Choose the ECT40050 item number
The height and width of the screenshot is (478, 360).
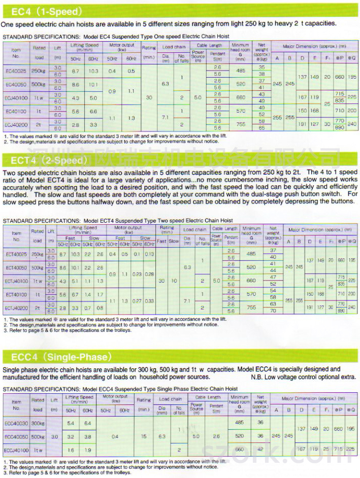click(x=16, y=267)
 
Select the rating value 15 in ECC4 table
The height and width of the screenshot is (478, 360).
click(x=144, y=436)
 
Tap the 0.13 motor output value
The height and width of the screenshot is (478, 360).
click(x=149, y=254)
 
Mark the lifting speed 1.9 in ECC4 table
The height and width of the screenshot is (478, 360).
click(x=88, y=450)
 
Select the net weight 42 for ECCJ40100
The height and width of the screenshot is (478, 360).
click(x=260, y=450)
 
